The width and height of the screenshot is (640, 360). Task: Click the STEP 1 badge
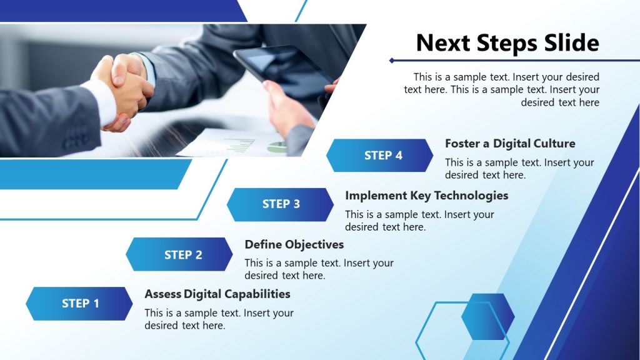(79, 304)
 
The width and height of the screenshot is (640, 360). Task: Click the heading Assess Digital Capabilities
(217, 294)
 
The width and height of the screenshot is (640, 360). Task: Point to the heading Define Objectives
(294, 244)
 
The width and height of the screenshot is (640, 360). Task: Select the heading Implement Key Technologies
(426, 196)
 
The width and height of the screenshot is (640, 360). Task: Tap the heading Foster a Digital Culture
(510, 144)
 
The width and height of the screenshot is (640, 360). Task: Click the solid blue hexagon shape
(487, 317)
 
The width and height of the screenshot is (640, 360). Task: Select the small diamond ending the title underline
(392, 61)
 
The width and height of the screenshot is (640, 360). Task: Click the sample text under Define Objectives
(319, 269)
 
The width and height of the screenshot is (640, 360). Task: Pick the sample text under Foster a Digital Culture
(519, 169)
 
